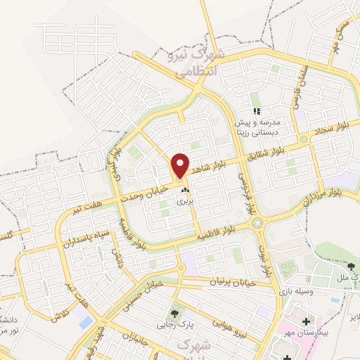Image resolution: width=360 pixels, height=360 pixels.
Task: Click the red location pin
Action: click(x=181, y=165)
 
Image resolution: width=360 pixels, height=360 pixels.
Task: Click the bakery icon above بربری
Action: click(x=184, y=190)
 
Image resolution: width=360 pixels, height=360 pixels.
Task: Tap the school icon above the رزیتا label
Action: click(x=257, y=110)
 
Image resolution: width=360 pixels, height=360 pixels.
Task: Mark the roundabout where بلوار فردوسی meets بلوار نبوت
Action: click(x=257, y=223)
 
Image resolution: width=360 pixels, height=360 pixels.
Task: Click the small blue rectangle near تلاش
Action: click(x=86, y=322)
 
